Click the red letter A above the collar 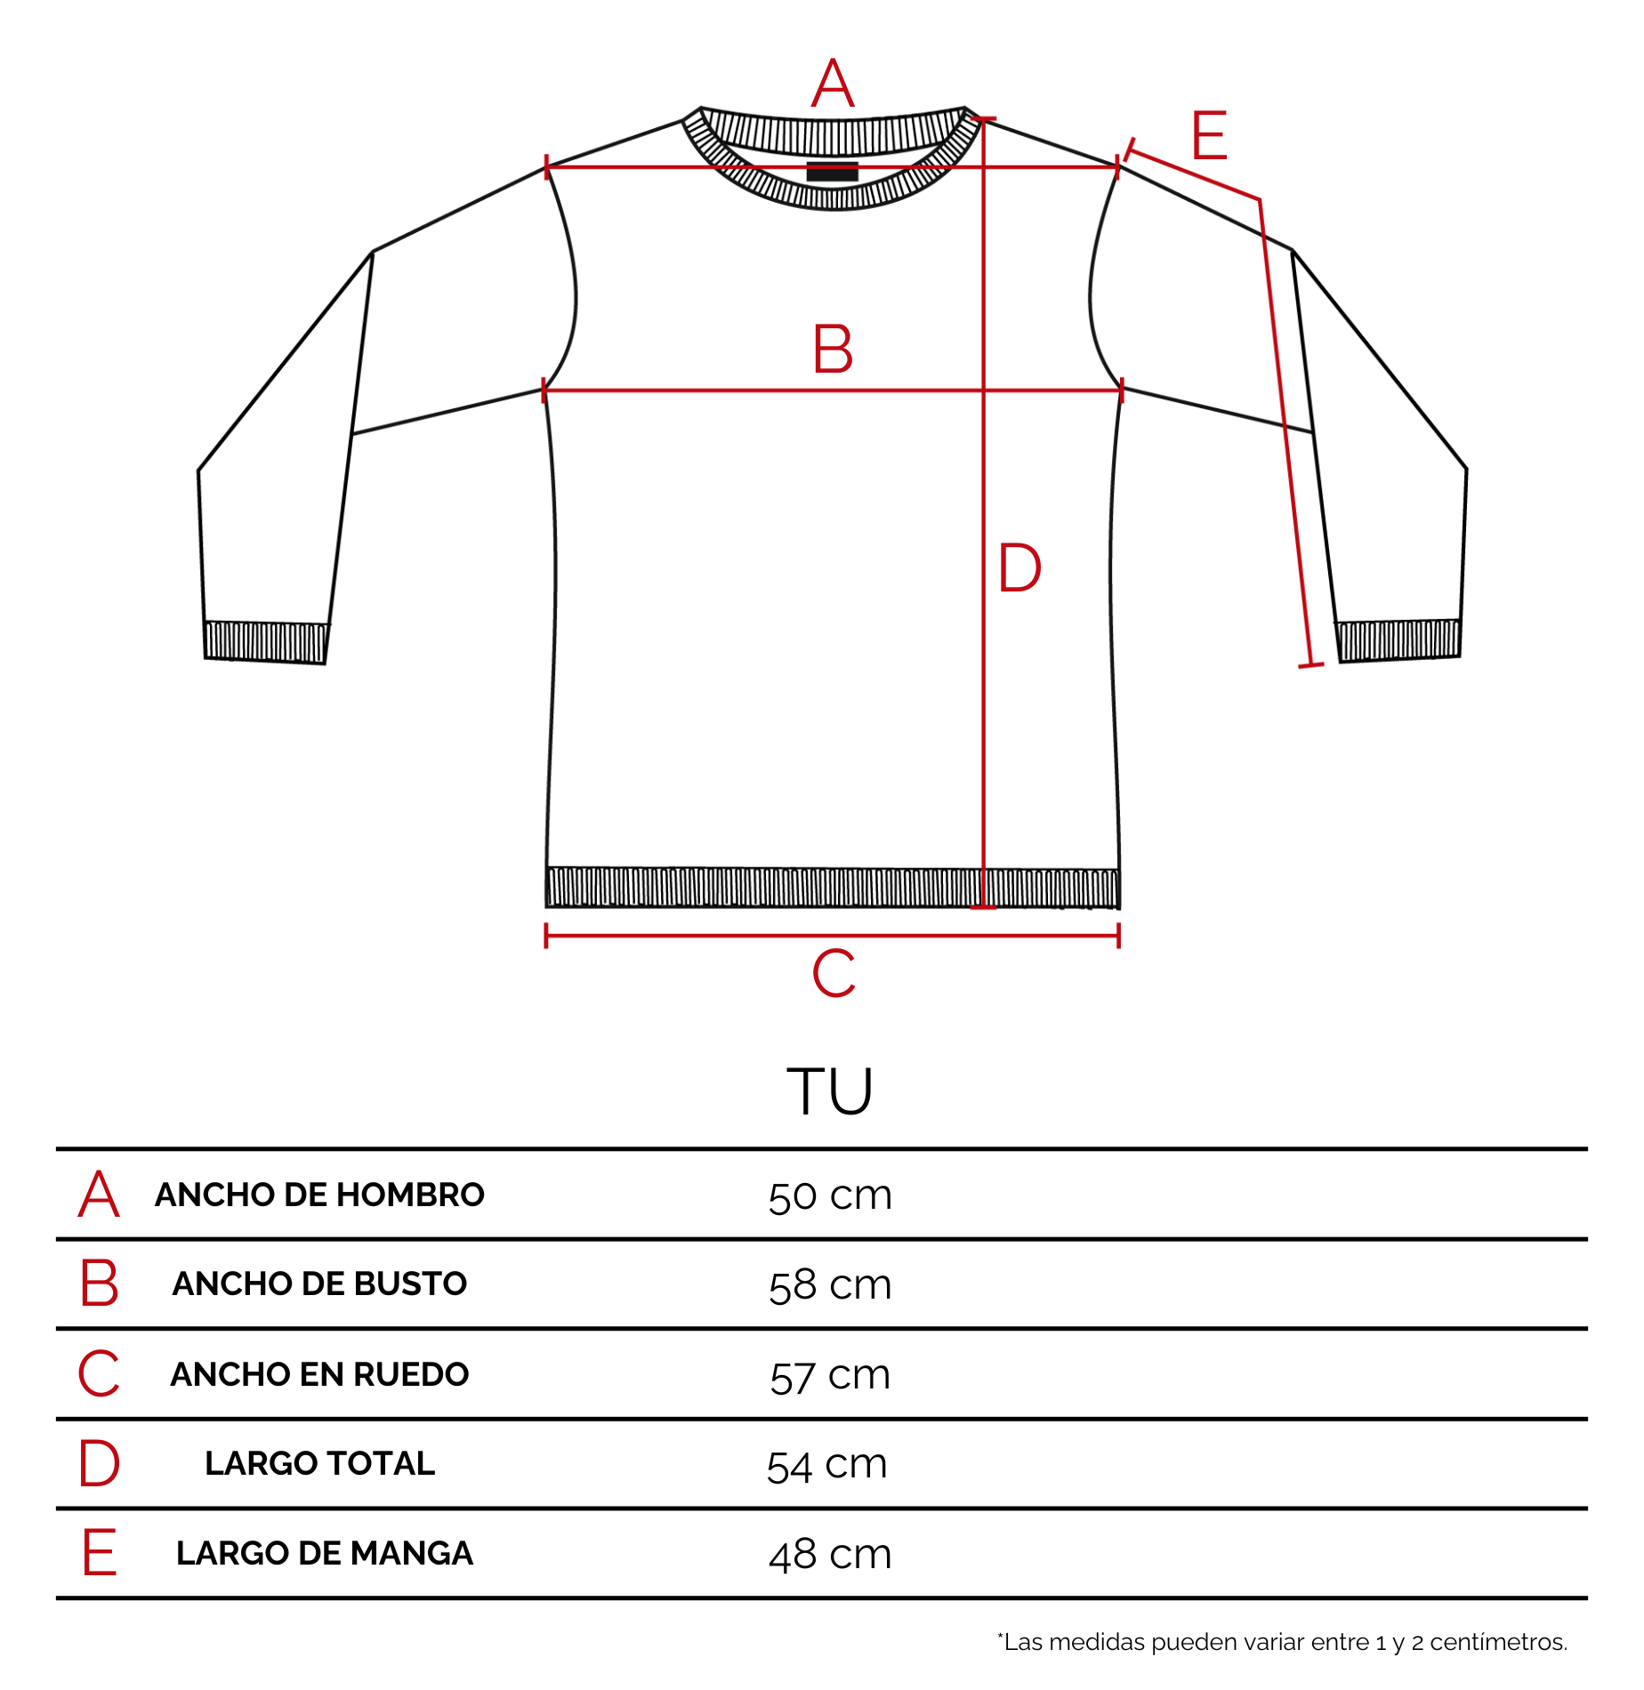[x=833, y=84]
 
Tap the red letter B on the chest [x=833, y=349]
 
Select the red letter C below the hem [x=834, y=972]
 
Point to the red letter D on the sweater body [x=1019, y=567]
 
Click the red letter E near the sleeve [x=1210, y=135]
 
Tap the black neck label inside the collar [x=832, y=171]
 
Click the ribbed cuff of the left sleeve [x=265, y=642]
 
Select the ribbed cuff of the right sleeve [x=1398, y=640]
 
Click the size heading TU [x=829, y=1090]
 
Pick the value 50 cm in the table [x=830, y=1195]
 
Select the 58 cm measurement [x=830, y=1285]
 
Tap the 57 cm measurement [x=830, y=1375]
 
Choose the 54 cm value [x=827, y=1464]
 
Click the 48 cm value [x=830, y=1554]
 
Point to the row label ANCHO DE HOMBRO [x=319, y=1195]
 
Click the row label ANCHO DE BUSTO [x=319, y=1284]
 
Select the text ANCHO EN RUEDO [x=319, y=1374]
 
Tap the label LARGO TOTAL [x=319, y=1463]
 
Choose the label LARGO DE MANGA [x=324, y=1553]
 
